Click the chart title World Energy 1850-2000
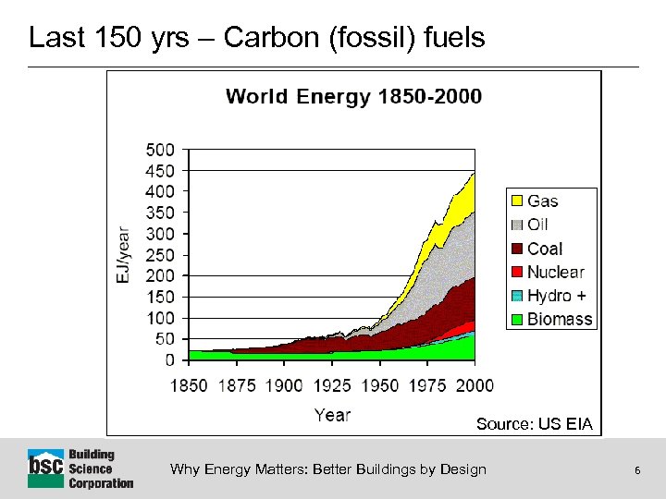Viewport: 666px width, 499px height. pos(353,97)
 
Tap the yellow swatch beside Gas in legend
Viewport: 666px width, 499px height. pos(516,201)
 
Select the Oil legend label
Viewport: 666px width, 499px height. pos(537,225)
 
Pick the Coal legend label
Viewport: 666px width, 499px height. pos(544,249)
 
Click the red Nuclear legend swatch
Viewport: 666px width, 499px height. pos(516,273)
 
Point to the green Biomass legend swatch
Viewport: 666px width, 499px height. pos(516,320)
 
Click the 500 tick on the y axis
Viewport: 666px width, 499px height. pos(160,150)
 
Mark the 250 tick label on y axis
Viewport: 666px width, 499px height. pos(160,254)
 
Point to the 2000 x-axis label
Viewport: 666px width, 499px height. pos(474,385)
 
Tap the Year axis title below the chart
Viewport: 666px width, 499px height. pos(332,415)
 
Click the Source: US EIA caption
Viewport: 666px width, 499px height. pos(534,424)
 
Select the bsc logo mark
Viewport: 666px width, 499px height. pos(45,469)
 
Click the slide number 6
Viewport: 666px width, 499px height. pos(637,470)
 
